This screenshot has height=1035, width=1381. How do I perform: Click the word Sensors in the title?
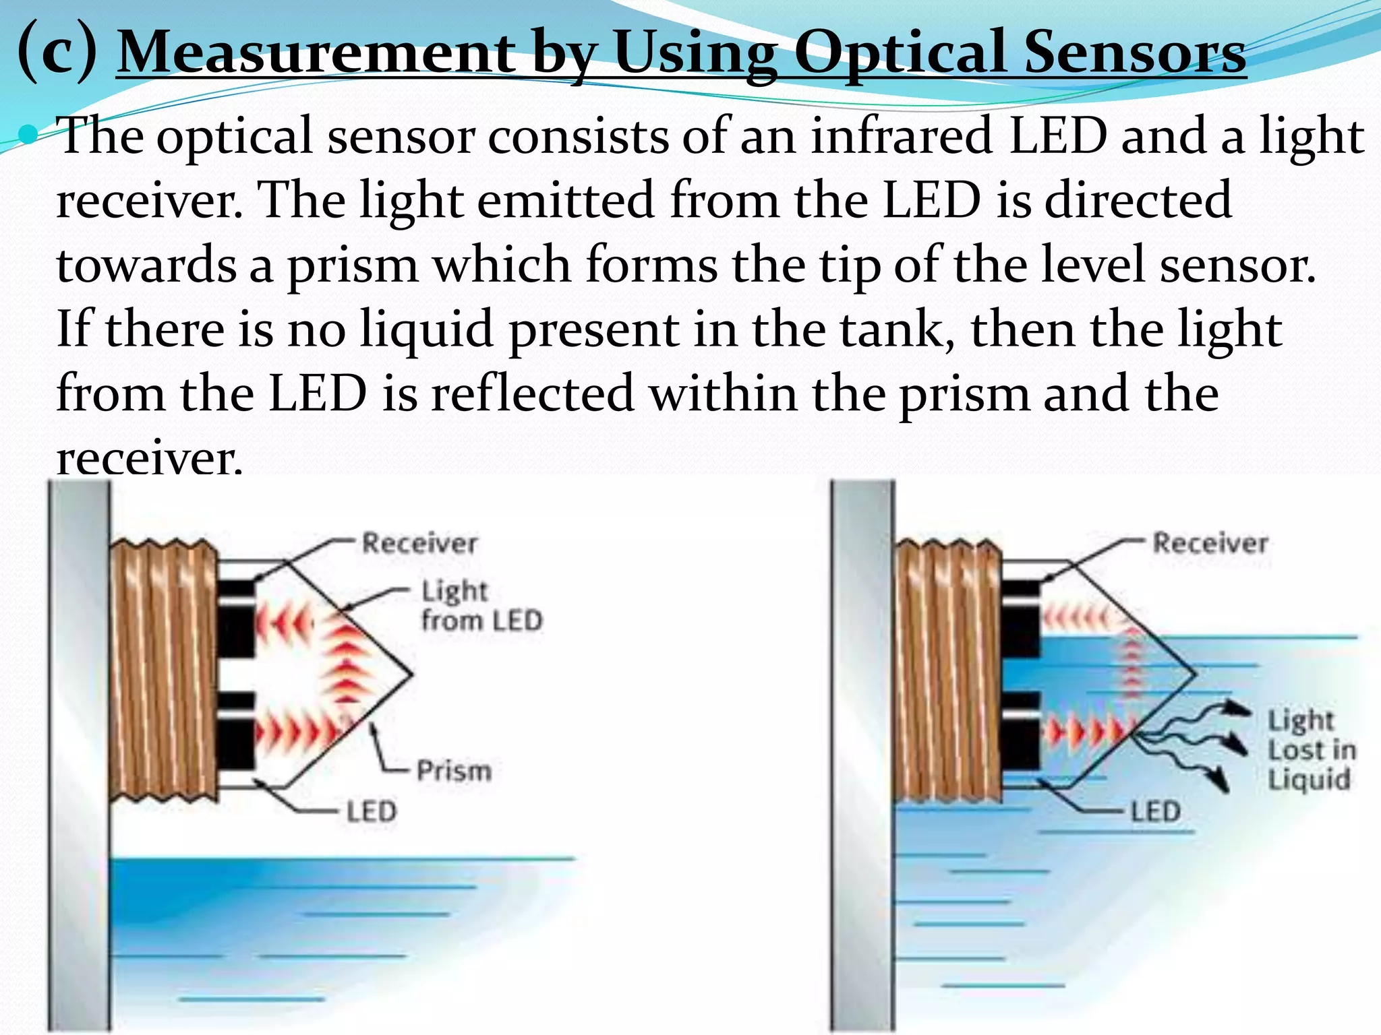coord(1135,53)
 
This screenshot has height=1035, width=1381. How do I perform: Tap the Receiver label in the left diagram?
coord(419,543)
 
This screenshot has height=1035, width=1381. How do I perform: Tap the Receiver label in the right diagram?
coord(1210,543)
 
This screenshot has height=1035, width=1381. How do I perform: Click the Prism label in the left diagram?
coord(454,771)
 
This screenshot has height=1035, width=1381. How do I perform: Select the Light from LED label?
coord(480,606)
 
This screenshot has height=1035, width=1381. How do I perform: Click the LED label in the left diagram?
coord(372,811)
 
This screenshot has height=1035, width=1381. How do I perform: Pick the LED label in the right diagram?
coord(1155,811)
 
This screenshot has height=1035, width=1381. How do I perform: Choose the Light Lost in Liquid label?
coord(1310,750)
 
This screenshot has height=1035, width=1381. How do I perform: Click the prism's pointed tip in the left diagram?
coord(410,673)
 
